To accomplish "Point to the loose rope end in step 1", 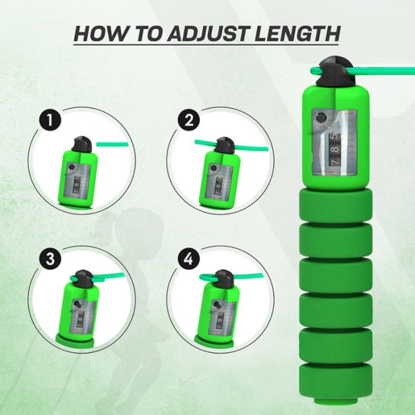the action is point(112,144).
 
